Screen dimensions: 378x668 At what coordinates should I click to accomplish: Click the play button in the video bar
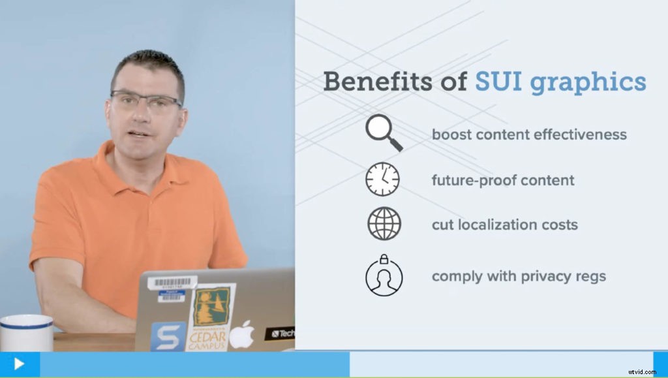[19, 364]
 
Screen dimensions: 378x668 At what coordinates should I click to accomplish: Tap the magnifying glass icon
[383, 133]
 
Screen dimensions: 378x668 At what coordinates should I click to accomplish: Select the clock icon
[383, 179]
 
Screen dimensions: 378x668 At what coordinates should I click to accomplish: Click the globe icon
[384, 224]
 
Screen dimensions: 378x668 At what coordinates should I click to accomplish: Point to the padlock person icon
[384, 275]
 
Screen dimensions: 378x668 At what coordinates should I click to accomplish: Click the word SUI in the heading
[498, 82]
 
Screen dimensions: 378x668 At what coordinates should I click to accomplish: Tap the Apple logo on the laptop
[242, 334]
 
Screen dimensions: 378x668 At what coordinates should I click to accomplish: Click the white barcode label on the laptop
[172, 283]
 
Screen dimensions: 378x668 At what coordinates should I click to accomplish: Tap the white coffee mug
[26, 334]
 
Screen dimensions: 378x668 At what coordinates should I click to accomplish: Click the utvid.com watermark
[644, 370]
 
